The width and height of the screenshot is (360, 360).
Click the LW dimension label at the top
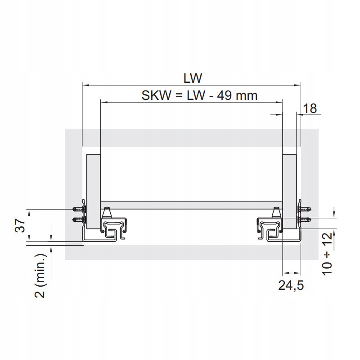(193, 78)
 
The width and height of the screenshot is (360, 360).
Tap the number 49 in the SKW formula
(225, 95)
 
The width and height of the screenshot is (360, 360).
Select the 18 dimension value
(310, 108)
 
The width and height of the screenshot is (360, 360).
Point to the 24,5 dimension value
(291, 285)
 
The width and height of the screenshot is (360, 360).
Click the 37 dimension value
(20, 225)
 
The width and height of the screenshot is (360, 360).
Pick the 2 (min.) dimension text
(40, 276)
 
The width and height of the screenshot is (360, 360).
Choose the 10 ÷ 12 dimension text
(327, 253)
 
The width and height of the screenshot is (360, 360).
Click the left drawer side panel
(94, 192)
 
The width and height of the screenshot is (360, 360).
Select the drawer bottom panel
(192, 205)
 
